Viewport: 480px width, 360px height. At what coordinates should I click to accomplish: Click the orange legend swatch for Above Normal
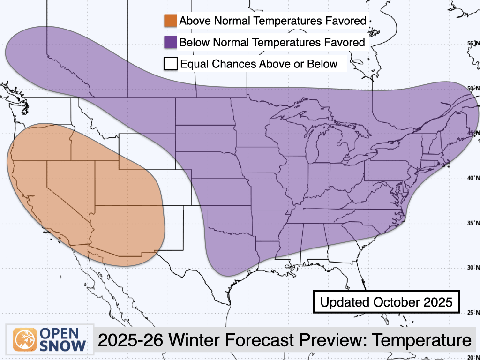pyautogui.click(x=171, y=21)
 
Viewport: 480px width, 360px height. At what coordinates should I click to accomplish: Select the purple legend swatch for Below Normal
pyautogui.click(x=171, y=42)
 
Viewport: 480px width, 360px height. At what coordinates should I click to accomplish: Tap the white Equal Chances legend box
pyautogui.click(x=171, y=63)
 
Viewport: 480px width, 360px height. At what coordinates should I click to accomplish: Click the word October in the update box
pyautogui.click(x=393, y=302)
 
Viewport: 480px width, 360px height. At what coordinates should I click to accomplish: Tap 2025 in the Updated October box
pyautogui.click(x=438, y=302)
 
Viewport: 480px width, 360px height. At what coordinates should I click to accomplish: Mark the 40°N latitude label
pyautogui.click(x=474, y=178)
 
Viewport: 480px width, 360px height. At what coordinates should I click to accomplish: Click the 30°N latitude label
pyautogui.click(x=474, y=268)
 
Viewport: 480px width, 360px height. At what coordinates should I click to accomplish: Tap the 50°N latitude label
pyautogui.click(x=474, y=88)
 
